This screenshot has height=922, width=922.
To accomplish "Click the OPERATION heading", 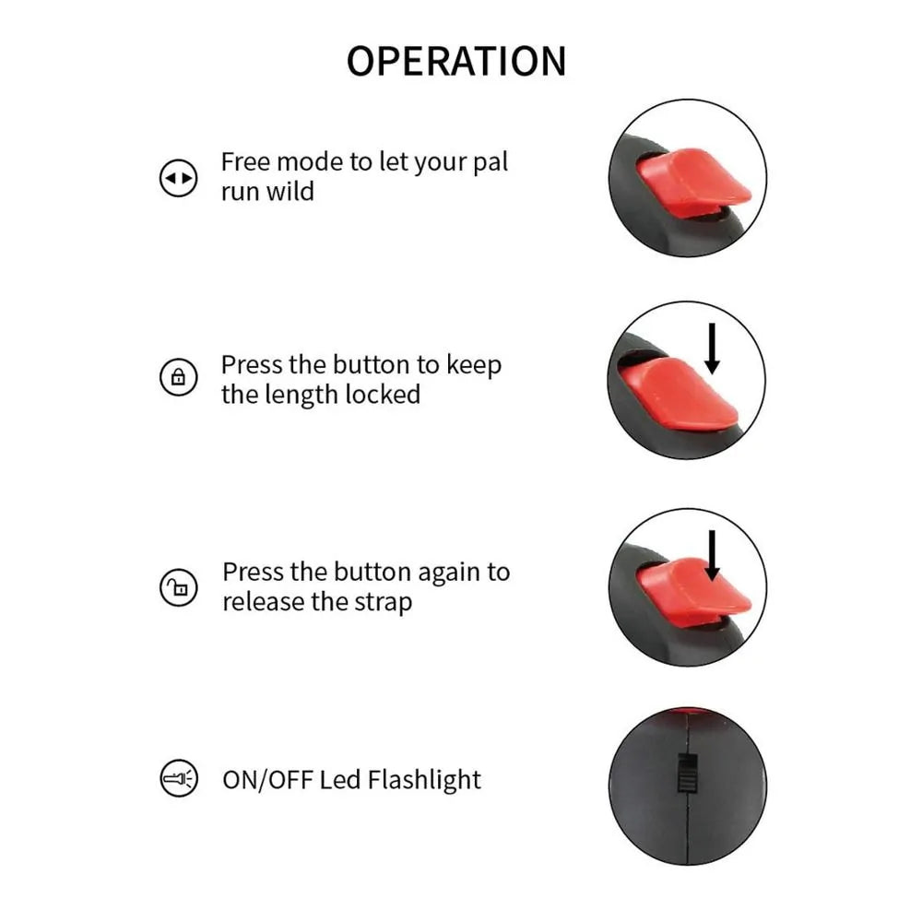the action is click(456, 61).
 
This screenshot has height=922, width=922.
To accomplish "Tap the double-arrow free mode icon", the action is click(178, 178).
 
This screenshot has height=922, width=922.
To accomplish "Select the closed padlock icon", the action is click(178, 377).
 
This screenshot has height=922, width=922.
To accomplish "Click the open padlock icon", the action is click(178, 587).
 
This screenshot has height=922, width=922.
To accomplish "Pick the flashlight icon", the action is click(179, 779).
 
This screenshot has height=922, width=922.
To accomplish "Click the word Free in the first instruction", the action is click(245, 161).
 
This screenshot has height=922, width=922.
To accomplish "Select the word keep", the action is click(474, 365).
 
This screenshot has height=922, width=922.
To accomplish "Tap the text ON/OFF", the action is click(267, 780).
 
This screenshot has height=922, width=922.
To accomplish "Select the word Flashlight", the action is click(424, 781).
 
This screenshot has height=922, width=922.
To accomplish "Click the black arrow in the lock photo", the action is click(712, 349).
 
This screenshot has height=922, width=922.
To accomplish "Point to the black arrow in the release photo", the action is click(713, 556).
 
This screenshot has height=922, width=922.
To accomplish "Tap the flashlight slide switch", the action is click(687, 772).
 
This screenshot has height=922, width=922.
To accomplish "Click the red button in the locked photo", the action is click(678, 394).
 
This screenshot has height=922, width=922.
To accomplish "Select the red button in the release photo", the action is click(692, 593).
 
